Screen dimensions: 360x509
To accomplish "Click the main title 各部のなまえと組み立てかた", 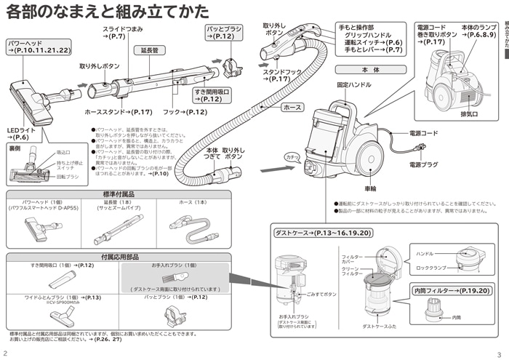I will (107, 12).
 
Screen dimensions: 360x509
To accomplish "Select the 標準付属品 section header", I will (119, 194).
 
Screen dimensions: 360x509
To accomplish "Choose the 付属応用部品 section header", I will (119, 257).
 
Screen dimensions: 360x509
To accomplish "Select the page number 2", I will (6, 353).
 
